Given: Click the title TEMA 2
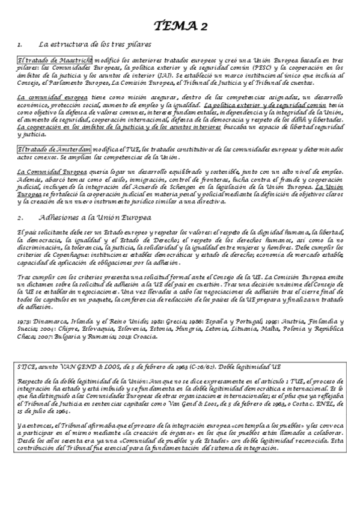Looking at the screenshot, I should [x=180, y=25].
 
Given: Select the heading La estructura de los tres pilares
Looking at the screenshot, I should [x=95, y=45].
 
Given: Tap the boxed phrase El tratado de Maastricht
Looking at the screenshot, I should [x=55, y=61].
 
